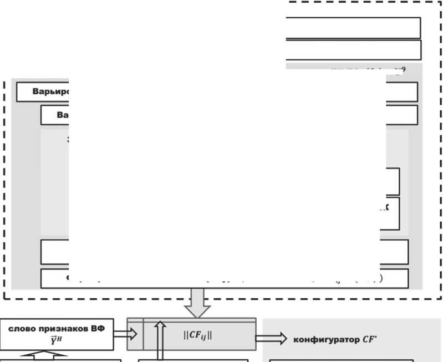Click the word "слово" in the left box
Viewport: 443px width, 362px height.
pos(23,328)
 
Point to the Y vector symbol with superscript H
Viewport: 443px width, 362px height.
pos(62,339)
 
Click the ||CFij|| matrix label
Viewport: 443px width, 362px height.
pos(198,335)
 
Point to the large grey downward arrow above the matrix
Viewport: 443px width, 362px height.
pos(197,302)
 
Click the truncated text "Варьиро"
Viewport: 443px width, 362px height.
pos(43,92)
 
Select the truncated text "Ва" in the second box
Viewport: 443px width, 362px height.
pos(62,115)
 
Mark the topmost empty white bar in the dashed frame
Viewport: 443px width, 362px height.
pos(353,28)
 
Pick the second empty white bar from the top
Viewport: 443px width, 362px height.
pos(353,50)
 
